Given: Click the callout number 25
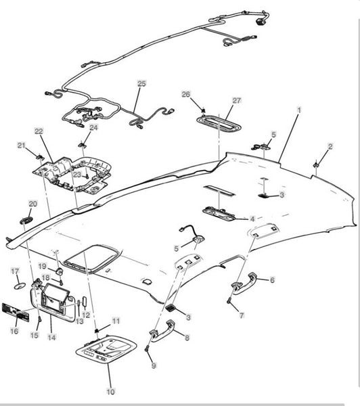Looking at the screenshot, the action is point(141,84).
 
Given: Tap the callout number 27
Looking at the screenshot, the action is point(237,100).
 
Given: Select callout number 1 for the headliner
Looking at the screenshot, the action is point(299,110).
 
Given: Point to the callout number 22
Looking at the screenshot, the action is point(39,131).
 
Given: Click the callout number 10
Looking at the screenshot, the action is point(110,392).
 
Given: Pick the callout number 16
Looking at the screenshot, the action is point(14,331).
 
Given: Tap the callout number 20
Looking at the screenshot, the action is point(33,204).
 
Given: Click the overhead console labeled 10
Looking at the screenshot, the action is point(106,350).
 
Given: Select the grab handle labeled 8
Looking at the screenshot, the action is point(162,332).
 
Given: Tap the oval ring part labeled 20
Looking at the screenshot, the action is point(26,221).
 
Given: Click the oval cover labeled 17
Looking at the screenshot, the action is point(20,286).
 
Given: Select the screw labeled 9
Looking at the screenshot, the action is point(148,349).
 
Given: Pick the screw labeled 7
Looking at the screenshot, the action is point(229,300).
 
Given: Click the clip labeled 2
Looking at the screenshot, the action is point(316,164).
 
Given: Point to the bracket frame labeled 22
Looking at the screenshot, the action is point(73,174).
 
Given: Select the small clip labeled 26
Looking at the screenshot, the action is point(203,110).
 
